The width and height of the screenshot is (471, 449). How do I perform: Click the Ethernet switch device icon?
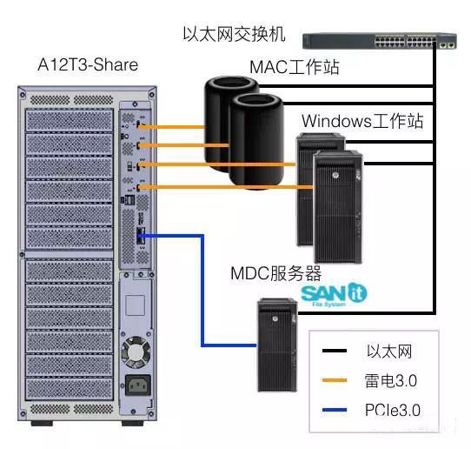(381, 39)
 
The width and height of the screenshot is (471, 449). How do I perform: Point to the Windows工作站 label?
(362, 120)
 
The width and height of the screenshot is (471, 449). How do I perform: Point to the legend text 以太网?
(388, 352)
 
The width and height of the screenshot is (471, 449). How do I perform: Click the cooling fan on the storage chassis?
(136, 352)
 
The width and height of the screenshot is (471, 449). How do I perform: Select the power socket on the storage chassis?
(137, 385)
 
